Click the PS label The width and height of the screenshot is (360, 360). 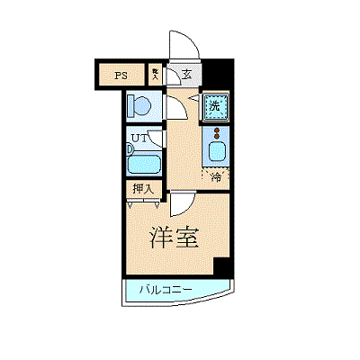[121, 76]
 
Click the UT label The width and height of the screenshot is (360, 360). [139, 139]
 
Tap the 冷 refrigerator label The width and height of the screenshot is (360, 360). [216, 176]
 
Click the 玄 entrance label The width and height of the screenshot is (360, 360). [186, 75]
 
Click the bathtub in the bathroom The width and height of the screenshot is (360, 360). [144, 164]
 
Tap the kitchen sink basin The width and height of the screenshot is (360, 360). [216, 150]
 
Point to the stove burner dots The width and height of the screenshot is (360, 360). [216, 132]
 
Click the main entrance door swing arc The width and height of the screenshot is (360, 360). [179, 45]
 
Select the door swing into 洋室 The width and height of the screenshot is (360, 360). [180, 203]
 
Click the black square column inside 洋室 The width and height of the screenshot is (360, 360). [221, 267]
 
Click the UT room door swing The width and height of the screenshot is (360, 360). [157, 139]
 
